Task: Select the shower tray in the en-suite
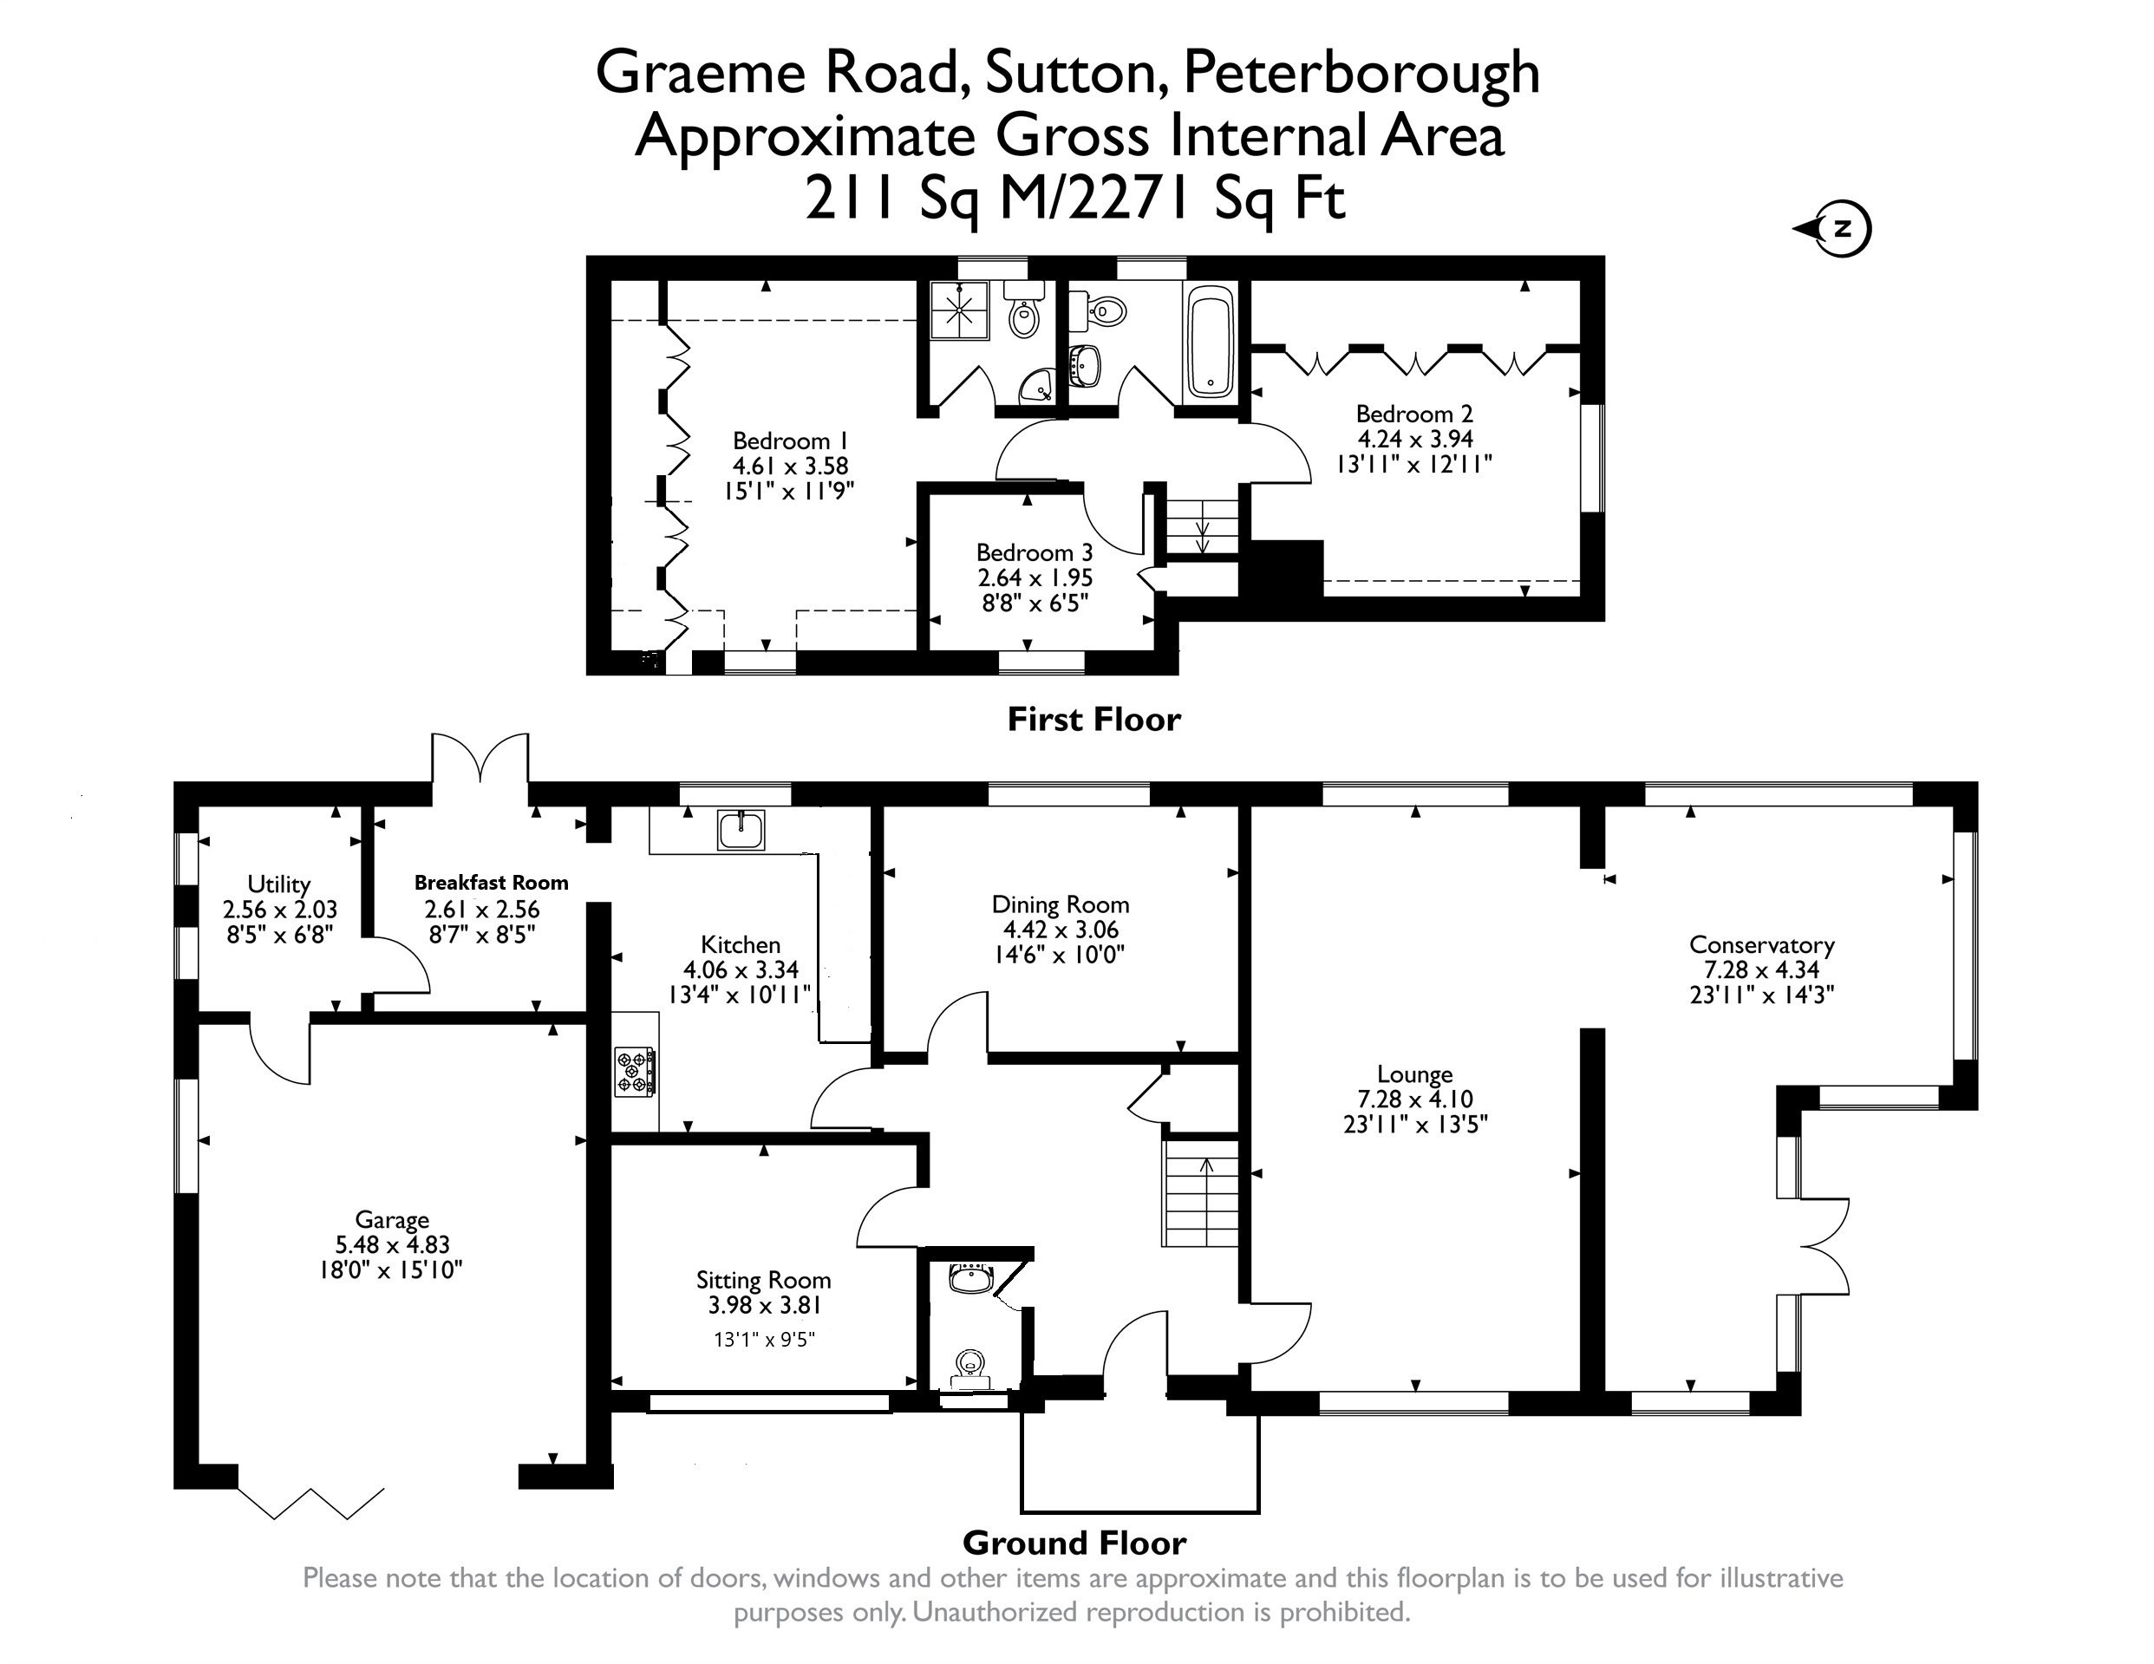[960, 310]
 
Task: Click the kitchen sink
[741, 830]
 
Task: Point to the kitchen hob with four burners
[635, 1072]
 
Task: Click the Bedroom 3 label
[1035, 552]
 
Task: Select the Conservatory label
[1761, 944]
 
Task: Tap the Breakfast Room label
[491, 883]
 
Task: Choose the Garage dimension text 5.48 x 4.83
[393, 1245]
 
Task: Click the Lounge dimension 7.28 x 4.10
[1415, 1099]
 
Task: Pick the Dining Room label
[1061, 904]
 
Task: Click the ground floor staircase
[1200, 1193]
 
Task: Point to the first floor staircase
[1202, 529]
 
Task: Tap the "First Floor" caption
[1093, 719]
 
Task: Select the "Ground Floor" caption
[1074, 1542]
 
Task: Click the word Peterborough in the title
[1361, 73]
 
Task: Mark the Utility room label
[279, 884]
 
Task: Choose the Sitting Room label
[763, 1281]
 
